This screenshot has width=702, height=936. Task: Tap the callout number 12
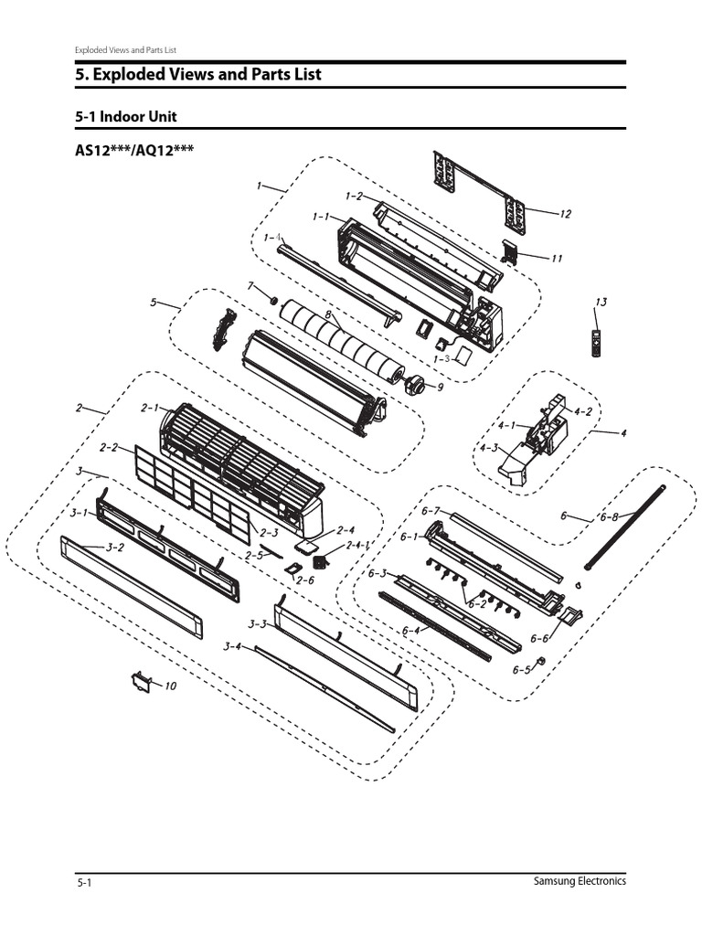(565, 214)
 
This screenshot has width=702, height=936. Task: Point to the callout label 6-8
(609, 517)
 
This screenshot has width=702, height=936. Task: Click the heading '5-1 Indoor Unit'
(126, 117)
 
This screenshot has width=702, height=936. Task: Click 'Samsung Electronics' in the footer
(580, 881)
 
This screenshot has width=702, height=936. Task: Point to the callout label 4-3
(489, 447)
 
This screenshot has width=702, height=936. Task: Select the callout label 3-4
(231, 647)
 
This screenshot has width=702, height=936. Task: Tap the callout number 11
(556, 259)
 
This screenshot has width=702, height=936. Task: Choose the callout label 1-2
(355, 196)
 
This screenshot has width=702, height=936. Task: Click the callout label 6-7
(431, 510)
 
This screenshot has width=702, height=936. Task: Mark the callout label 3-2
(115, 548)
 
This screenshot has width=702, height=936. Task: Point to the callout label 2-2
(109, 447)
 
